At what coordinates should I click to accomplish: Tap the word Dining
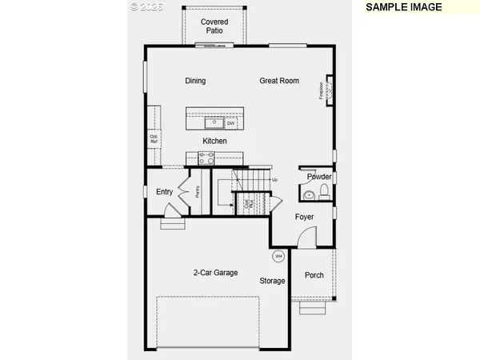tap(195, 81)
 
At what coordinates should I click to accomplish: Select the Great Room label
tap(279, 81)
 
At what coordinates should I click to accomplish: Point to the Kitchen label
tap(214, 142)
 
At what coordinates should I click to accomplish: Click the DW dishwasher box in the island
tap(230, 123)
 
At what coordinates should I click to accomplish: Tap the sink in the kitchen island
tap(214, 123)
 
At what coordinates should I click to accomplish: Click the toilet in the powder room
tap(323, 192)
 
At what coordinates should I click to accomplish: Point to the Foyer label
tap(305, 217)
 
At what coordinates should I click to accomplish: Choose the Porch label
tap(314, 275)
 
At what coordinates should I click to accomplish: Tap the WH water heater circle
tap(278, 256)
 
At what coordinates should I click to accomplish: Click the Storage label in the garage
tap(272, 281)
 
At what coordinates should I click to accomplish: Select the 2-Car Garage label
tap(216, 273)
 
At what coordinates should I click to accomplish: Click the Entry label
tap(165, 192)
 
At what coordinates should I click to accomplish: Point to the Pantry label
tap(198, 192)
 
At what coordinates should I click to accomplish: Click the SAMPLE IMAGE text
tap(404, 7)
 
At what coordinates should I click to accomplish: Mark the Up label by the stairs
tap(275, 180)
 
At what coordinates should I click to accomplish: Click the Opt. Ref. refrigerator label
tap(154, 138)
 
